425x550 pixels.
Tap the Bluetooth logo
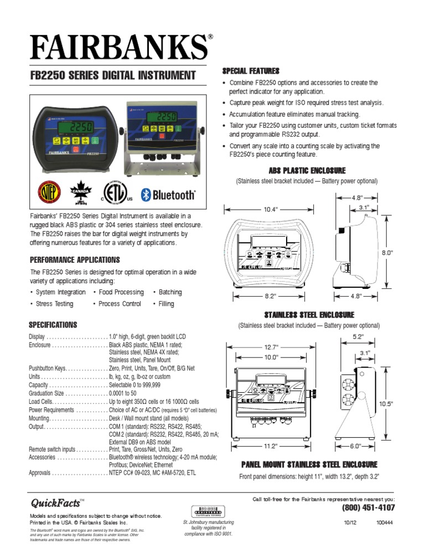point(167,195)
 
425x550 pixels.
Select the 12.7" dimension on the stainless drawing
point(271,347)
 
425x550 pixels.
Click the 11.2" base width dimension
point(270,445)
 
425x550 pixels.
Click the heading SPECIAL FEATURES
point(250,71)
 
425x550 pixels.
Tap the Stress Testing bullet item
point(53,304)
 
